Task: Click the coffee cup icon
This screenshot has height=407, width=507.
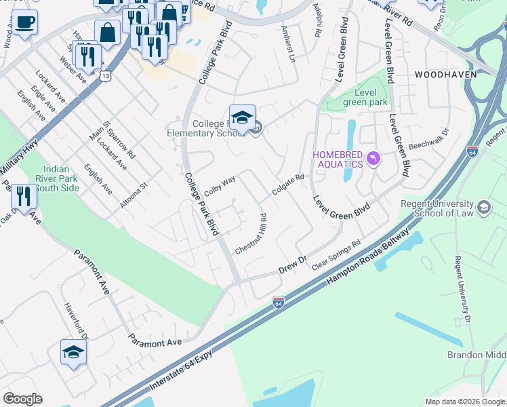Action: tap(24, 22)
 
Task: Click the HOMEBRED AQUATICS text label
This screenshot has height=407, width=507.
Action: tap(337, 156)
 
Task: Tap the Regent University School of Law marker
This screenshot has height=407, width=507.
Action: tap(484, 206)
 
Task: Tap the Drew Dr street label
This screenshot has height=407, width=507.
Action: tap(293, 265)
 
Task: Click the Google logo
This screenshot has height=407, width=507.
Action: tap(22, 399)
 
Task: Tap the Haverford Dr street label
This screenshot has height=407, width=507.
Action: tap(75, 319)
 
